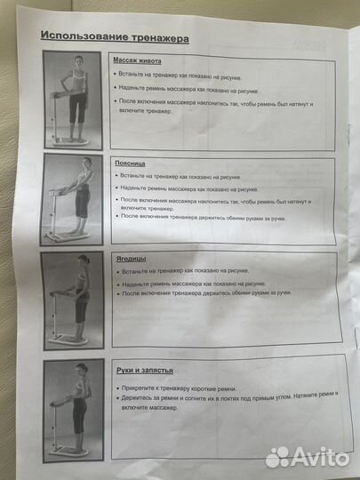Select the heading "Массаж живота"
[x=136, y=61]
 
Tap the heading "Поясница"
[x=130, y=164]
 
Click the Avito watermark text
[x=321, y=456]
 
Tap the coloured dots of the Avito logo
[x=278, y=456]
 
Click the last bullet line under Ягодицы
[x=212, y=292]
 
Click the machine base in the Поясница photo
[x=69, y=233]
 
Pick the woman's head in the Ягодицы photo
[x=84, y=262]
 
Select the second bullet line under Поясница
[x=188, y=189]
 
